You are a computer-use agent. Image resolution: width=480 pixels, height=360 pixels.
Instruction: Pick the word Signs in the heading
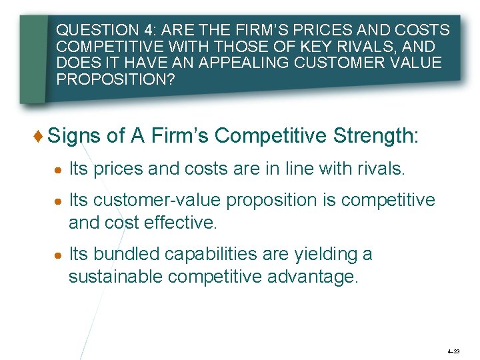(x=74, y=137)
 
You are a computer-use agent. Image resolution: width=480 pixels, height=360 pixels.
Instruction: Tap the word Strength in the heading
(x=379, y=137)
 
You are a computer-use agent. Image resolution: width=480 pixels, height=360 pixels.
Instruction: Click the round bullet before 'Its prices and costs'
(x=60, y=169)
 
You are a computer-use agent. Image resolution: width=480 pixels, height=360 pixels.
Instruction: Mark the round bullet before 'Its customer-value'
(x=60, y=201)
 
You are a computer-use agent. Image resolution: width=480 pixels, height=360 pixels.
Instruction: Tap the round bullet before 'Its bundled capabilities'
(x=60, y=255)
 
